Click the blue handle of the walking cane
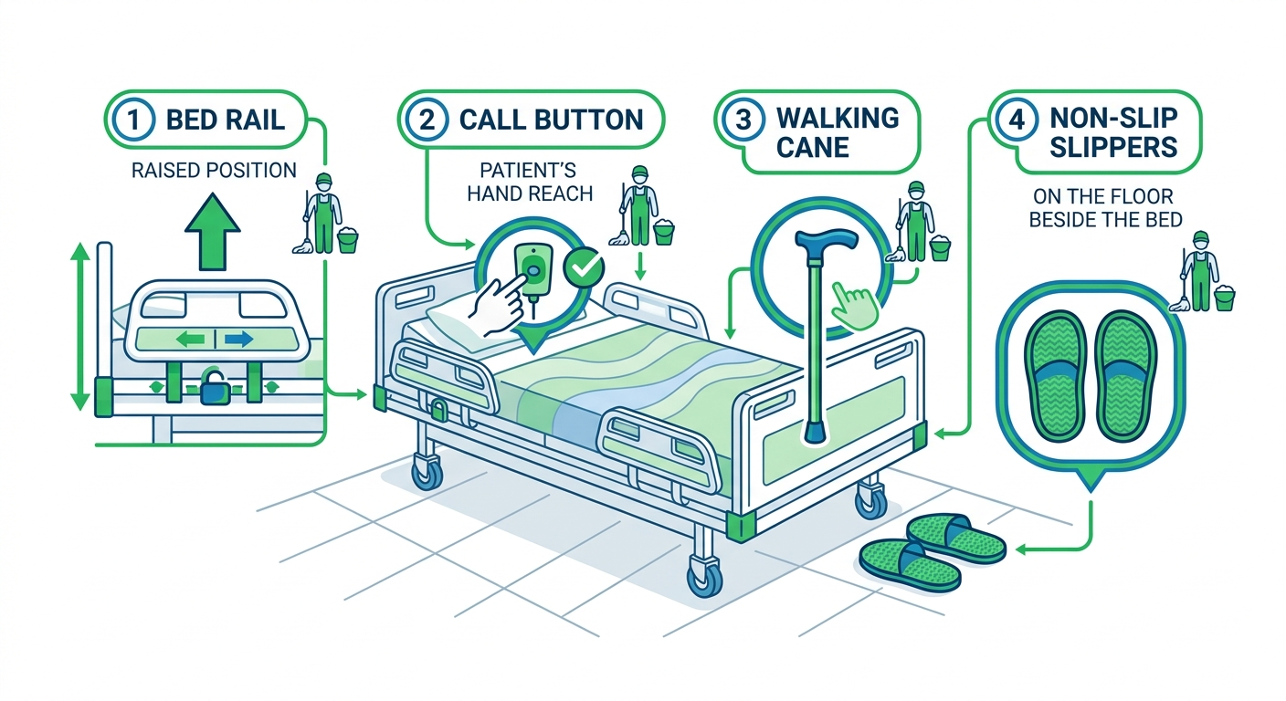pos(827,242)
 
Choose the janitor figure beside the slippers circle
pos(1196,269)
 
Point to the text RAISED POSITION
pos(215,170)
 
